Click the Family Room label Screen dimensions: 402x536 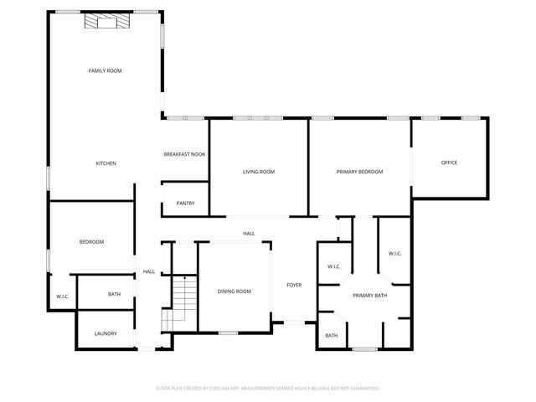(x=106, y=71)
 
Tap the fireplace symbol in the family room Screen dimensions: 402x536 (x=106, y=21)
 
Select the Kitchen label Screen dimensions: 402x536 (x=106, y=163)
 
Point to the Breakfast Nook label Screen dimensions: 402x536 (x=184, y=154)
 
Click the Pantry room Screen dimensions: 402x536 (x=185, y=204)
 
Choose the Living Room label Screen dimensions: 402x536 (x=259, y=172)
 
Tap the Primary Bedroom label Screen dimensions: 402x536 (x=359, y=172)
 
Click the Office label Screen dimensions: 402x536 (x=449, y=162)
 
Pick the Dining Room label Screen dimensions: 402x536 (x=234, y=291)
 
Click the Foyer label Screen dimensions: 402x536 (x=294, y=286)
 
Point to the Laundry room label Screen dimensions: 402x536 (x=106, y=334)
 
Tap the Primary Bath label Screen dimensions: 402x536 (x=369, y=296)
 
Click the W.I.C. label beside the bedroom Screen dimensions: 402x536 (x=63, y=296)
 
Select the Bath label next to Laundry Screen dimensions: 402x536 (x=115, y=294)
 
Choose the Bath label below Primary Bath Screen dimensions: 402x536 (x=332, y=336)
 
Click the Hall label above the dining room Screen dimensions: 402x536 (x=249, y=234)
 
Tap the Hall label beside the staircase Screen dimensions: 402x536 (x=149, y=271)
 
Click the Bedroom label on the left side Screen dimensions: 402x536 (x=91, y=242)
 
